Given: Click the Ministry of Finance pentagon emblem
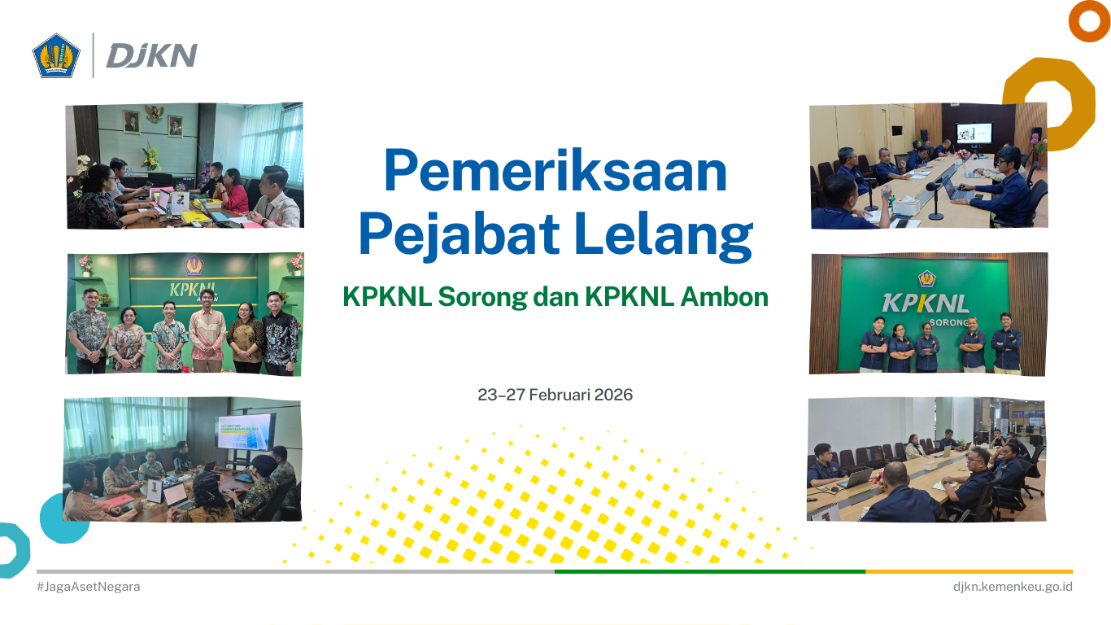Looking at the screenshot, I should point(56,55).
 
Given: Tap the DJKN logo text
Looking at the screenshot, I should point(151,55).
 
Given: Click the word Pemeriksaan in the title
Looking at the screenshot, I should point(555,172).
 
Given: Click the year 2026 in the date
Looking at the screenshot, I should point(613,396).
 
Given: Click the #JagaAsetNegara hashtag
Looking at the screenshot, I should point(88,587).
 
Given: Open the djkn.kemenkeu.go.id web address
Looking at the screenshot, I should point(1013,587).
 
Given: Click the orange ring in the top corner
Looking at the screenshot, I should point(1089,22).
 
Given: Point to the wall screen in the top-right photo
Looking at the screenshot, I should point(974,133).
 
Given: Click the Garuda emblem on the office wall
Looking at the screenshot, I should point(153,114).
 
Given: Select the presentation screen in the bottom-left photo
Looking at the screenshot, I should point(245,432).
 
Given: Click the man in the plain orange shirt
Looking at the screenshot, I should point(208,330).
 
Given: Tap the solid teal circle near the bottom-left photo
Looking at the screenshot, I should point(63,518).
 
